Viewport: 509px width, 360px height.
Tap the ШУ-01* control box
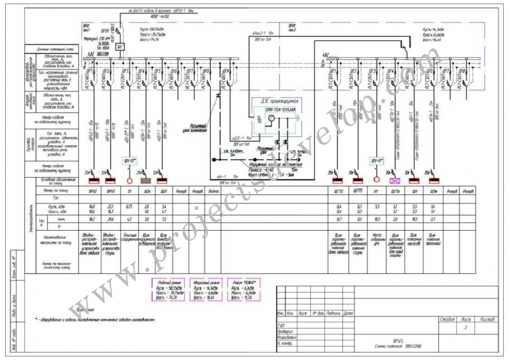point(129,160)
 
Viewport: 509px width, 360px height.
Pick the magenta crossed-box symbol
point(396,181)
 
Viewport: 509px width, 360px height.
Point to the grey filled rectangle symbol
point(146,181)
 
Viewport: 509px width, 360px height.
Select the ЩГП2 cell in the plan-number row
point(338,191)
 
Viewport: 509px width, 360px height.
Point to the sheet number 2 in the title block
point(466,327)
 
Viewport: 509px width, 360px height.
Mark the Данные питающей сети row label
point(53,49)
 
